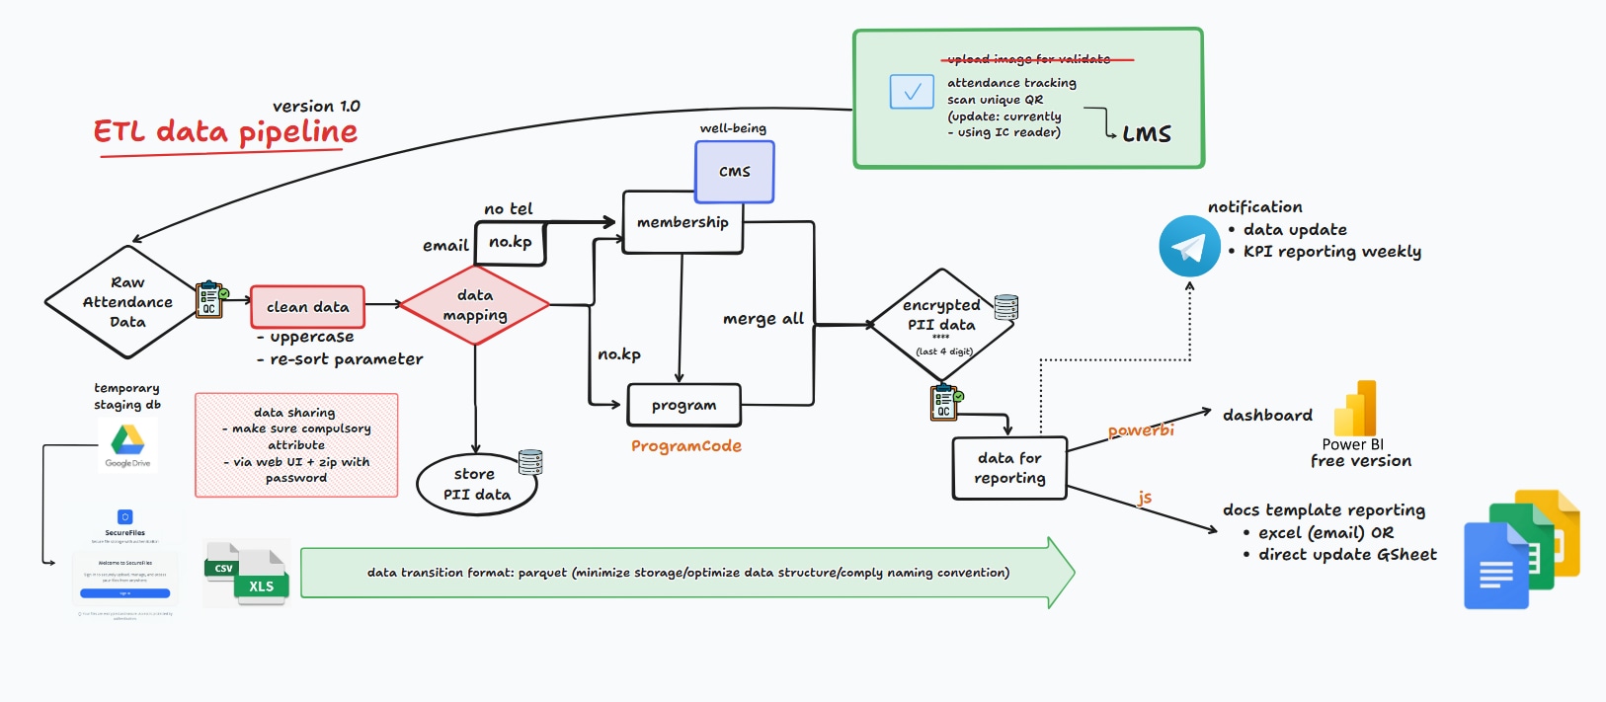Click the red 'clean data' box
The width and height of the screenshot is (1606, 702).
[x=307, y=307]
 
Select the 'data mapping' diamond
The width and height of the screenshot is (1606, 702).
[x=475, y=305]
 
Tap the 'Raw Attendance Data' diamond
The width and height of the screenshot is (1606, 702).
[x=127, y=302]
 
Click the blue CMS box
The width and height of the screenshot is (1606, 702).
[x=734, y=172]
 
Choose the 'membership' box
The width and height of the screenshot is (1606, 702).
[x=683, y=222]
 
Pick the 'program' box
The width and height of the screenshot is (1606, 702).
[x=683, y=405]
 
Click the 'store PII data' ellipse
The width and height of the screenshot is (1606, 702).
[x=476, y=484]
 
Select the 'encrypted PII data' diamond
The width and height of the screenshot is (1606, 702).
[x=942, y=324]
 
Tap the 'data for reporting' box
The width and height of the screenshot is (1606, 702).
[x=1009, y=468]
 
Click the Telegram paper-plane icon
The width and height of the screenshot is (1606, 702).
[x=1188, y=247]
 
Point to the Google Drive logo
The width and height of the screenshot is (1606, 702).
[x=127, y=440]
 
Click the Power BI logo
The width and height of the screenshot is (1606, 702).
[x=1355, y=409]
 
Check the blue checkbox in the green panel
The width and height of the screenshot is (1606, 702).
[x=912, y=92]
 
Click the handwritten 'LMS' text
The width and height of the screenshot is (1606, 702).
[x=1147, y=134]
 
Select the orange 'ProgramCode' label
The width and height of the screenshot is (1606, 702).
[x=686, y=446]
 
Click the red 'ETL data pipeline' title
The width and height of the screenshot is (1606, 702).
[x=225, y=132]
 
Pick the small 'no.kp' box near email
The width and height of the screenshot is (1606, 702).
[x=511, y=242]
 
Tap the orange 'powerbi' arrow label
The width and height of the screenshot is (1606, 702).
[x=1141, y=430]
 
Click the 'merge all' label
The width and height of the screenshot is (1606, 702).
[x=763, y=319]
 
